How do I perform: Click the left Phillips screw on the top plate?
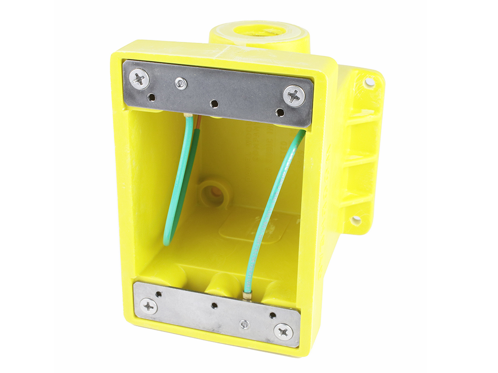tap(140, 79)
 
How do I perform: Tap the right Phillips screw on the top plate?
tap(294, 95)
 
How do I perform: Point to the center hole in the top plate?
tap(213, 103)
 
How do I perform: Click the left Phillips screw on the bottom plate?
tap(148, 306)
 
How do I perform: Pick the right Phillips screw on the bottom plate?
tap(283, 332)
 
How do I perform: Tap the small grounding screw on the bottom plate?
tap(245, 324)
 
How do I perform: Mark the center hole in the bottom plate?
tap(214, 306)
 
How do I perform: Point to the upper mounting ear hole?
tap(370, 82)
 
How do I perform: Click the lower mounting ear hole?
tap(356, 220)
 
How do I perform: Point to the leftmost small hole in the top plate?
tap(152, 97)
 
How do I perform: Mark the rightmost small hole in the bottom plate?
tap(272, 315)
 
